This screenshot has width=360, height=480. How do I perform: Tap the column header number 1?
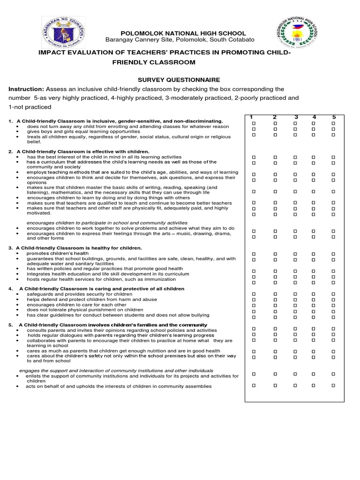point(252,117)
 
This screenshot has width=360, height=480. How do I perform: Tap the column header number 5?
point(334,117)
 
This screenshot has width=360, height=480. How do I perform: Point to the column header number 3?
point(296,117)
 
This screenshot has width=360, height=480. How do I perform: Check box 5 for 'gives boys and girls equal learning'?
point(333,129)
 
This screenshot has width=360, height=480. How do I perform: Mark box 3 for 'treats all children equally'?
point(295,135)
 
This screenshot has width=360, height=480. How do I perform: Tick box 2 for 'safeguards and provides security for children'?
point(275,294)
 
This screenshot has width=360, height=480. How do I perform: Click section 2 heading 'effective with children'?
point(82,151)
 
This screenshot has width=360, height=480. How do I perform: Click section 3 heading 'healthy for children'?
point(79,247)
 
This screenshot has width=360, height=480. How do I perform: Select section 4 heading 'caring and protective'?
point(102,289)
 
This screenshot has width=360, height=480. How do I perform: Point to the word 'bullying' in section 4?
point(198,315)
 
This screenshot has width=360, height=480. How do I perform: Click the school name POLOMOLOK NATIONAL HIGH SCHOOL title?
point(183,33)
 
